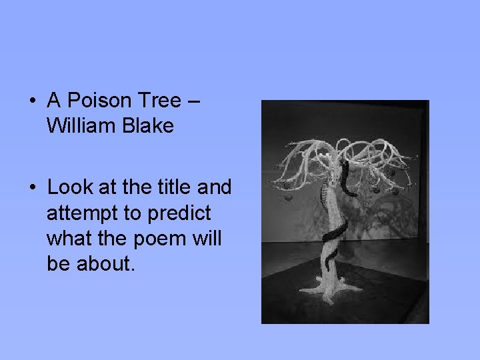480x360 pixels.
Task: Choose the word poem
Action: (x=157, y=239)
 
